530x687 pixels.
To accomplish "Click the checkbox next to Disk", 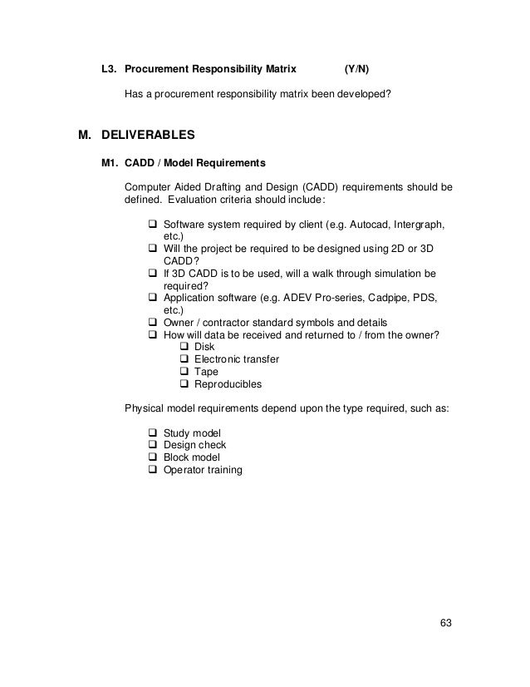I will [x=184, y=347].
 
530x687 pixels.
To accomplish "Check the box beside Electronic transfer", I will [x=184, y=359].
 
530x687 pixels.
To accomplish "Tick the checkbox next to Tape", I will [x=184, y=372].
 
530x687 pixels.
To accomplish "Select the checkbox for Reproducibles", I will [x=184, y=384].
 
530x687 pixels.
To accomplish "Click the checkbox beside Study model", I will [x=153, y=433].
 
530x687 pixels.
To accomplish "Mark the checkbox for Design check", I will [x=153, y=446].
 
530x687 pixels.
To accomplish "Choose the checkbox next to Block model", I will [x=153, y=458].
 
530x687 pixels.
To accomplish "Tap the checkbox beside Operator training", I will [x=153, y=471].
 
